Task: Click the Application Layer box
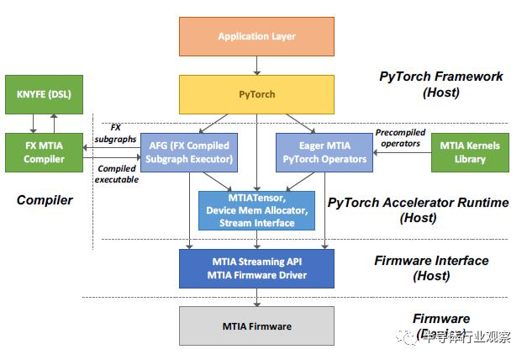[256, 37]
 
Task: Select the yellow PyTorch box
[256, 94]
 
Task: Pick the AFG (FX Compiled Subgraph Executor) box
[187, 152]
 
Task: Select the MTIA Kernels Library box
[470, 152]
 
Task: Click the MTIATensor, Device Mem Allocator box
[256, 210]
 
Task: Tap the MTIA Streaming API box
[256, 268]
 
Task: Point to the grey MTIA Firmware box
[256, 326]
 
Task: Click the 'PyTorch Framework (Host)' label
[441, 85]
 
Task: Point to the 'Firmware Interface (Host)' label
[431, 268]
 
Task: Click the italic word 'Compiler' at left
[44, 200]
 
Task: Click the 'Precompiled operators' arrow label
[400, 137]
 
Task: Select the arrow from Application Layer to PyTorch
[256, 66]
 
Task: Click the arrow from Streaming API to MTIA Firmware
[256, 297]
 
